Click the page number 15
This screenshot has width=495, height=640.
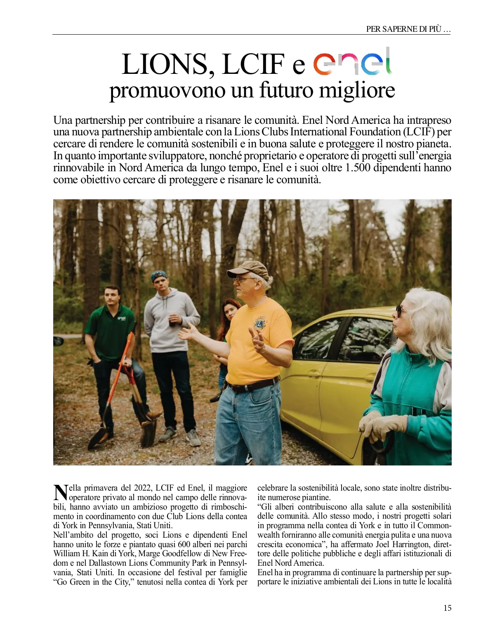click(447, 608)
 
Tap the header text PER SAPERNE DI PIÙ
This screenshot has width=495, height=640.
click(408, 29)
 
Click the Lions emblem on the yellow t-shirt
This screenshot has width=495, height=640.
click(260, 323)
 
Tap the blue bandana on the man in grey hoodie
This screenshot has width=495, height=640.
click(159, 276)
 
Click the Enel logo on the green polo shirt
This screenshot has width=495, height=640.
click(121, 318)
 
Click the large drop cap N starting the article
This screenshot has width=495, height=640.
click(61, 492)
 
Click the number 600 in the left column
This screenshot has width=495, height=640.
click(184, 544)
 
